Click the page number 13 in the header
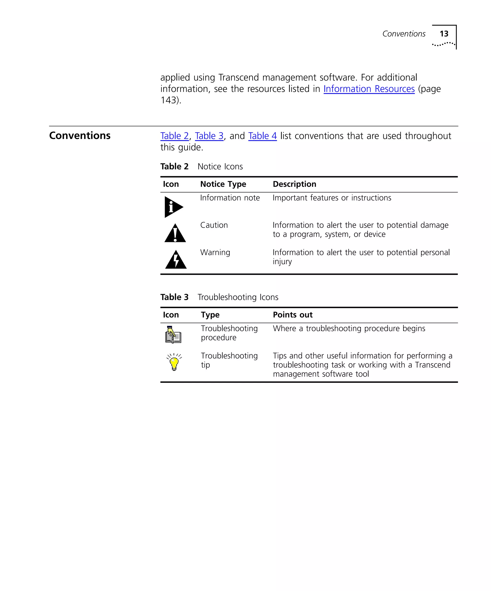(x=444, y=34)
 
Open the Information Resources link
(x=369, y=89)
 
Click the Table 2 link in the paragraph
(x=174, y=136)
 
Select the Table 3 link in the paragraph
(x=209, y=136)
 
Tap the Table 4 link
(x=262, y=136)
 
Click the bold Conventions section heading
(x=80, y=136)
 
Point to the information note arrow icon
(x=173, y=207)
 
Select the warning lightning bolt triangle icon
(x=176, y=260)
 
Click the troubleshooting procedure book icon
(x=173, y=335)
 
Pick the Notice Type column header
(x=223, y=184)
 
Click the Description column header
(x=294, y=184)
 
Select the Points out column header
(x=292, y=315)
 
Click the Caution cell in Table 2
(x=214, y=225)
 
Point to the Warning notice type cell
(x=215, y=253)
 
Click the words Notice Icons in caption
(x=220, y=167)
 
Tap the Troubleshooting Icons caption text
(x=238, y=297)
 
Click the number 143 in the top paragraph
(x=168, y=100)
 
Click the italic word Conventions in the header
(x=403, y=34)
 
